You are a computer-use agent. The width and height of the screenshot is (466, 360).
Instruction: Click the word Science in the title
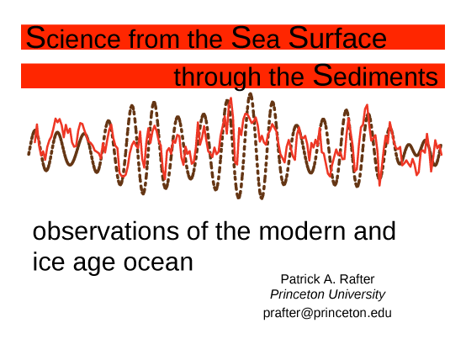pyautogui.click(x=73, y=38)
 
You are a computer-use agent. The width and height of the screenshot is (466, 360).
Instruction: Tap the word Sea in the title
pyautogui.click(x=255, y=38)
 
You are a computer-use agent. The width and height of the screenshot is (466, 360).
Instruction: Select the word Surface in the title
pyautogui.click(x=337, y=38)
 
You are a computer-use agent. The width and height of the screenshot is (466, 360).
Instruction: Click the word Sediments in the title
pyautogui.click(x=375, y=76)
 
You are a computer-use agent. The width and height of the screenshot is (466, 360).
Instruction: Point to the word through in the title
pyautogui.click(x=217, y=77)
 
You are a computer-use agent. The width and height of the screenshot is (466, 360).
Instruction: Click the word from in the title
pyautogui.click(x=154, y=39)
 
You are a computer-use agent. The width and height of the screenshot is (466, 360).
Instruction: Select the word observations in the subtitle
pyautogui.click(x=106, y=231)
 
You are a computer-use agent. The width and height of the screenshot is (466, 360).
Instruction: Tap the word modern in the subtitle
pyautogui.click(x=302, y=231)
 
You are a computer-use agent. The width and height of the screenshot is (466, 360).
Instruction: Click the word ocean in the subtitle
pyautogui.click(x=158, y=263)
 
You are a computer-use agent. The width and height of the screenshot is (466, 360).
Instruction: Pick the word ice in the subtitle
pyautogui.click(x=49, y=262)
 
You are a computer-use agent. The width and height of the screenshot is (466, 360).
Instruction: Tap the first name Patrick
pyautogui.click(x=300, y=279)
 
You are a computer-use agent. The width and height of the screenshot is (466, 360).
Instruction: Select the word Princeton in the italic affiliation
pyautogui.click(x=297, y=294)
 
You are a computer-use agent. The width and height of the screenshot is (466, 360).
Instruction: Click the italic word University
pyautogui.click(x=357, y=295)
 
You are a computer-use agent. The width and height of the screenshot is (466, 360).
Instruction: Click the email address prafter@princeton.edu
pyautogui.click(x=327, y=314)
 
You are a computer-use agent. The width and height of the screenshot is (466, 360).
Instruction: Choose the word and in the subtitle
pyautogui.click(x=375, y=231)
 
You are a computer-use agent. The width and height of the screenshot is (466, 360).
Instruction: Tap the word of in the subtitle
pyautogui.click(x=198, y=231)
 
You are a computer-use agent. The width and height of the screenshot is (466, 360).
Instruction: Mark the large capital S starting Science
pyautogui.click(x=35, y=38)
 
